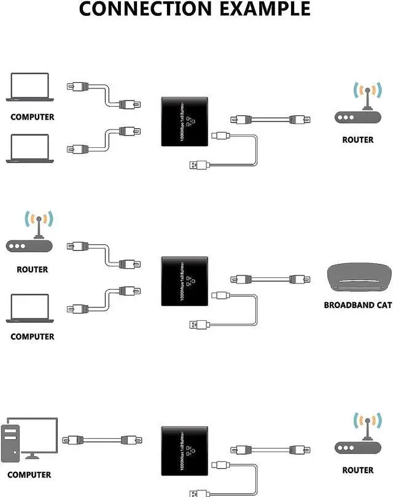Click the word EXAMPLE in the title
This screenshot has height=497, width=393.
(x=263, y=9)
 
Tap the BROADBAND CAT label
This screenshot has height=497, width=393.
(x=357, y=305)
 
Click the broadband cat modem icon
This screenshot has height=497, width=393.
(x=357, y=280)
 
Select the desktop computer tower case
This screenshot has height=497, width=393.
(x=12, y=442)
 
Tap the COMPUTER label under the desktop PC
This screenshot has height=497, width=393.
(x=29, y=474)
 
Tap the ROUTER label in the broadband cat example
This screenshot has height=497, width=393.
(x=33, y=269)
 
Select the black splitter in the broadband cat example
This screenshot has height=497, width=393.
(x=185, y=280)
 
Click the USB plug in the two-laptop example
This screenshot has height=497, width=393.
(x=197, y=164)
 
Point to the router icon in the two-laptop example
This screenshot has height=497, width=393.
(x=357, y=107)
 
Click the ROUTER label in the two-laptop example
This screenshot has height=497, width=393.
(x=357, y=140)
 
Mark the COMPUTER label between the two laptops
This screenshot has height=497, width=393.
(x=32, y=117)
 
